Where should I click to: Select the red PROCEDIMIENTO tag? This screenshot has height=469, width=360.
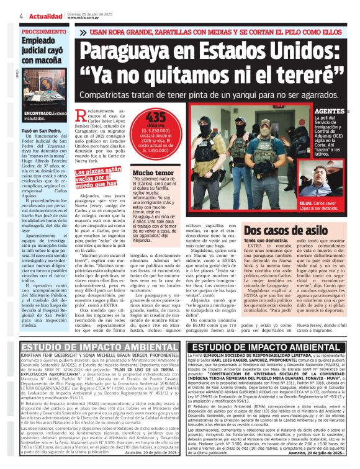point(43,32)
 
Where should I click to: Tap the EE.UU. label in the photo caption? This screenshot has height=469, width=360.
point(306,203)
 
